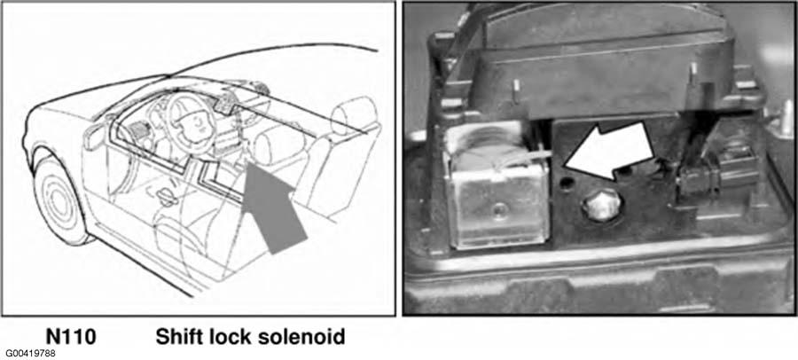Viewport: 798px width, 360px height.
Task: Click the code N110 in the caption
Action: (x=71, y=337)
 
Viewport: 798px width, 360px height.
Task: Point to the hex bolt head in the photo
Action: (x=603, y=205)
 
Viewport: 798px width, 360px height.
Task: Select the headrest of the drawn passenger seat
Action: (x=354, y=116)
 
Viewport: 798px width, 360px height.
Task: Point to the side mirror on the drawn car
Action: (x=95, y=137)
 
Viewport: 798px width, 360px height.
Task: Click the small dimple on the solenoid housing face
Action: (x=501, y=208)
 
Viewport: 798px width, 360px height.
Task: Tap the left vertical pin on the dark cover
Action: (x=515, y=91)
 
